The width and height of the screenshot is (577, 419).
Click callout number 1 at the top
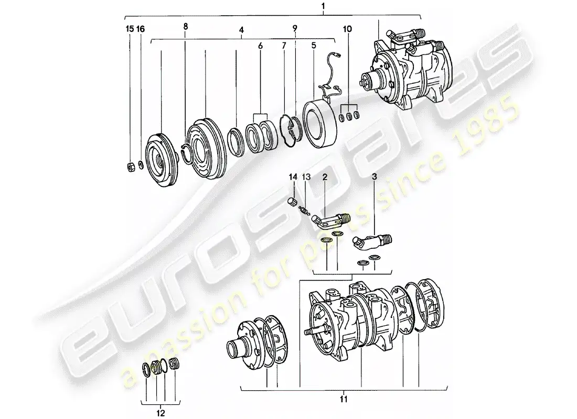(x=323, y=6)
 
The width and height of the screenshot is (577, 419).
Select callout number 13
(x=306, y=178)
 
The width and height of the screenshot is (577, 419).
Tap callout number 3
(x=373, y=178)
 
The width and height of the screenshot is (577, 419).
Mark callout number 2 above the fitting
(x=325, y=178)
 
